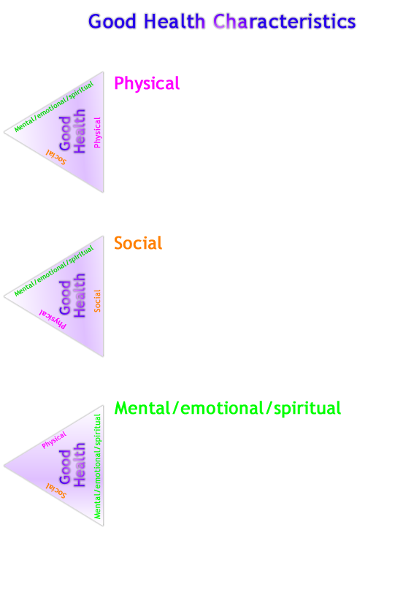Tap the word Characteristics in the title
coord(285,22)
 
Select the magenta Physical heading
coord(147,84)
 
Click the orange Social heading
coord(138,243)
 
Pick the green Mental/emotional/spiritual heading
coord(228,409)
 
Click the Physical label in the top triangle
coord(97,132)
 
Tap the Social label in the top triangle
coord(56,156)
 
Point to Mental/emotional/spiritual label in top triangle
coord(54,107)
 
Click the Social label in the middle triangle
coord(97,301)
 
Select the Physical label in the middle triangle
coord(53,319)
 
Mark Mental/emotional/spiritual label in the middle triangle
coord(54,271)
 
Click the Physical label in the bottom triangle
coord(54,439)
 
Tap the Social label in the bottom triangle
coord(56,490)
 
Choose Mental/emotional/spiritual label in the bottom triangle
coord(97,466)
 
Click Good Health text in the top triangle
coord(73,131)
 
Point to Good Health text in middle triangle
coord(73,296)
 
